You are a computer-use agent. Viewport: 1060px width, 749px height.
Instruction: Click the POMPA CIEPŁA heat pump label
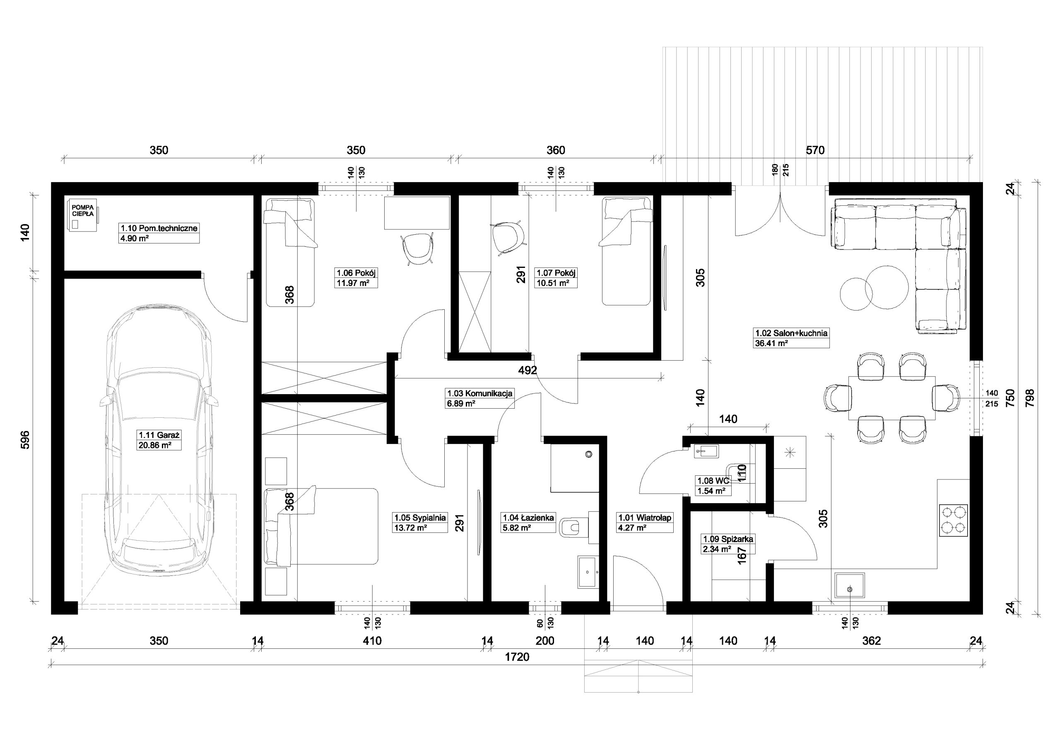83,211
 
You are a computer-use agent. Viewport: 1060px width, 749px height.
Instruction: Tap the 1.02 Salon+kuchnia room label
791,332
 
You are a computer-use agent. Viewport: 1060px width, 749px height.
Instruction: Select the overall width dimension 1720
517,657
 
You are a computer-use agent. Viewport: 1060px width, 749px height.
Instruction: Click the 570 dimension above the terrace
815,150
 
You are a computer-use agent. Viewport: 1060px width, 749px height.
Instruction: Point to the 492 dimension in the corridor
528,370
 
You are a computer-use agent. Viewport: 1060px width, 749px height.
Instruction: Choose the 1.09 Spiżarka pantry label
728,539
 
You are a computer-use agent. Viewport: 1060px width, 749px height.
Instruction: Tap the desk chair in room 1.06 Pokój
418,248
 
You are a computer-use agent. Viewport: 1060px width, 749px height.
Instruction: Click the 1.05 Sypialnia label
420,518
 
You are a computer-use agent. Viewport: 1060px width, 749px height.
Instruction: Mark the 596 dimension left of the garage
25,440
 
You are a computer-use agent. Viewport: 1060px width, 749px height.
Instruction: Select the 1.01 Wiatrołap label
645,518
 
